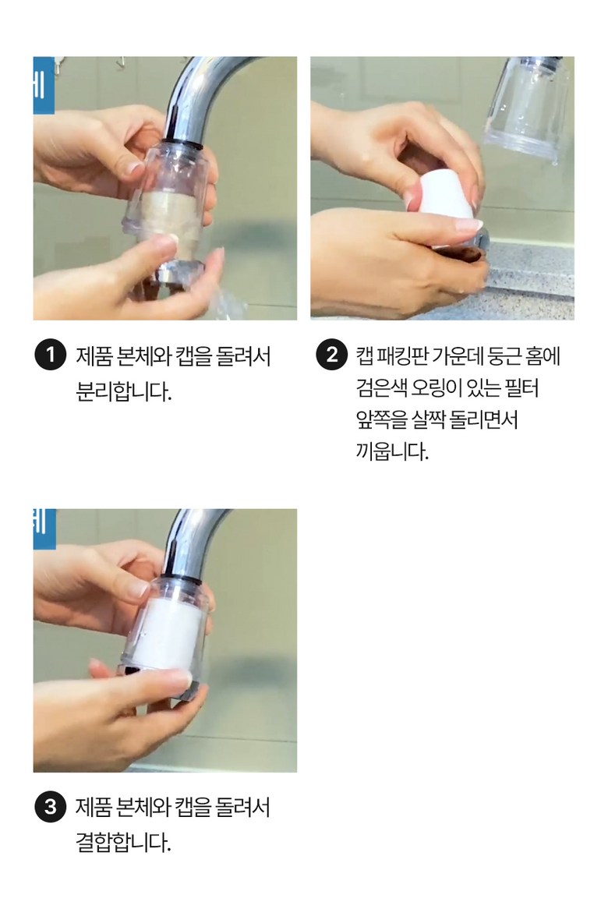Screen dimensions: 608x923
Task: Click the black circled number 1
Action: [50, 355]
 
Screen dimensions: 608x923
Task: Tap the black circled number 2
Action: [331, 355]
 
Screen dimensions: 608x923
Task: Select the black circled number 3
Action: [50, 806]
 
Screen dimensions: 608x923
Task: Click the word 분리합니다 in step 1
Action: [124, 391]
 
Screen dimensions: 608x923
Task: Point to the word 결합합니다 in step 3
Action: [124, 843]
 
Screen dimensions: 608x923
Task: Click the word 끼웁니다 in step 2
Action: [393, 451]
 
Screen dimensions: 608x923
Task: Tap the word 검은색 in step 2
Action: [381, 388]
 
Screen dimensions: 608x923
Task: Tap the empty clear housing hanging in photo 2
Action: [527, 110]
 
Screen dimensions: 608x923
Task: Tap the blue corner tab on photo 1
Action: [44, 85]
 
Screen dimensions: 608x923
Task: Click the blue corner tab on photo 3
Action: [44, 529]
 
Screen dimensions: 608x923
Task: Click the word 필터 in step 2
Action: [522, 388]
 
